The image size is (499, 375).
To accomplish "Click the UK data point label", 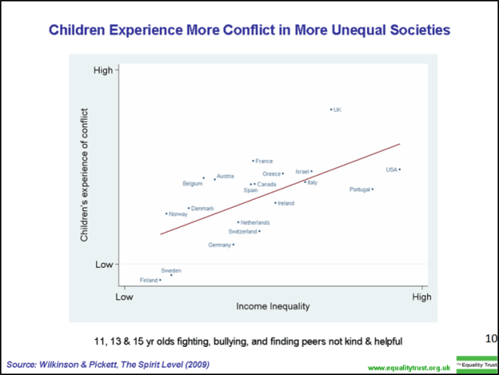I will [x=337, y=109].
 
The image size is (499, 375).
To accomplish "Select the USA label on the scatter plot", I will [x=391, y=170].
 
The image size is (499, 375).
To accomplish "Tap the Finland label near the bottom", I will [x=148, y=280].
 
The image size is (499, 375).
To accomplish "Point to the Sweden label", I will [x=171, y=270].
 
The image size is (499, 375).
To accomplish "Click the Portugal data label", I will [x=360, y=189].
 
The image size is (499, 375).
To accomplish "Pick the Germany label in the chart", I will [x=219, y=245].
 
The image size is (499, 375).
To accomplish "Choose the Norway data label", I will [x=177, y=213].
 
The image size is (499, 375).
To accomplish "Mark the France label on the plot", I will [x=264, y=161].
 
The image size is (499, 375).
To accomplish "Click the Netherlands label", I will [x=255, y=223].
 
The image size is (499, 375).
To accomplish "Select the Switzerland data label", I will [x=242, y=231].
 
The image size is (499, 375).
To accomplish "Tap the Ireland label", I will [x=286, y=203].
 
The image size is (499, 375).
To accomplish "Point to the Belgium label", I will [x=192, y=184].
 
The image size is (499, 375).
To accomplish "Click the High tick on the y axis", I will [x=103, y=70].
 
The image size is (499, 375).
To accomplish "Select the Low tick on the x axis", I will [x=123, y=297].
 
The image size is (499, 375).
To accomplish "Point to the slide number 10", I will [x=490, y=338].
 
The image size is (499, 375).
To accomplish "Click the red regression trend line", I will [x=281, y=188].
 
